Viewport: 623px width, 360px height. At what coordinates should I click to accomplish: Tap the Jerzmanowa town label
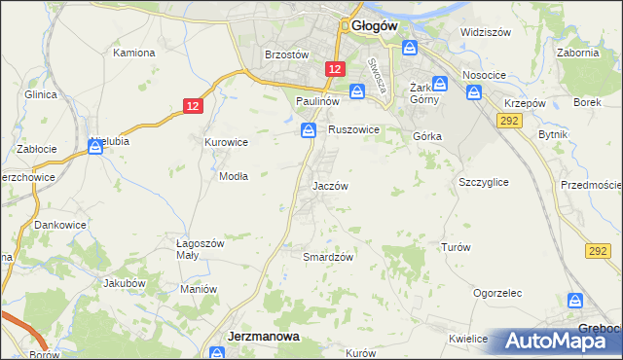[x=263, y=336]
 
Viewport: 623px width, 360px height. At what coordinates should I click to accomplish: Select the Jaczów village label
[x=330, y=185]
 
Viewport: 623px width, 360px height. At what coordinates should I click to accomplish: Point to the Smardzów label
[x=327, y=256]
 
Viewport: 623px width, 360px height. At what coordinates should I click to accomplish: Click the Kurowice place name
[x=226, y=142]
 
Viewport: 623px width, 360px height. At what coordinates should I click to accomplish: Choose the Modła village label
[x=234, y=176]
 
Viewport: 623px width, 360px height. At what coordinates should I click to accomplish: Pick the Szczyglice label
[x=483, y=181]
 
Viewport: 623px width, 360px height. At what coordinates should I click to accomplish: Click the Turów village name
[x=456, y=247]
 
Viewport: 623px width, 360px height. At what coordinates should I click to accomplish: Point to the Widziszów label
[x=486, y=32]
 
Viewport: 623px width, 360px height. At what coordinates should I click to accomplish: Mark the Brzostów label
[x=287, y=55]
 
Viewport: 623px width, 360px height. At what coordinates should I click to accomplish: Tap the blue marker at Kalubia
[x=95, y=146]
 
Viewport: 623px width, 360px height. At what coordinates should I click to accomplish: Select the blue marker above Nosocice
[x=474, y=93]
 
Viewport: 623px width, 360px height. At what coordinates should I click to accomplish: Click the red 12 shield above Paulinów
[x=335, y=69]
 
